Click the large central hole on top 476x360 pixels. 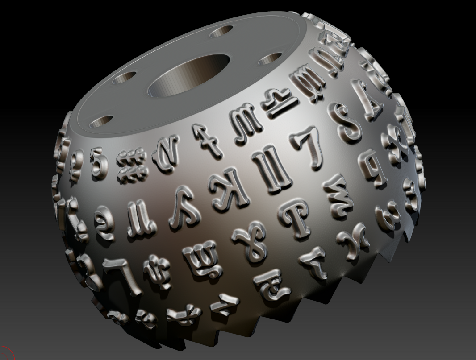(x=188, y=74)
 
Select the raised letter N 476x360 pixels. (x=165, y=150)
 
